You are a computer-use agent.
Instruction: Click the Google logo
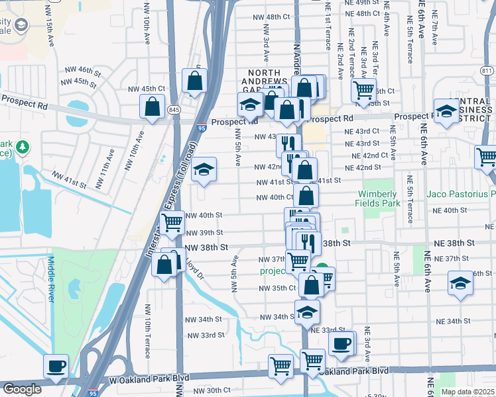click(21, 389)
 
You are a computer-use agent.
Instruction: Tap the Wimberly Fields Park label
click(379, 198)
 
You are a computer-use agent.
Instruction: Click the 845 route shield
click(174, 110)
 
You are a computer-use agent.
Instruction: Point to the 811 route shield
click(487, 71)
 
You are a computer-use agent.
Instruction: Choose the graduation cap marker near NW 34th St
click(307, 313)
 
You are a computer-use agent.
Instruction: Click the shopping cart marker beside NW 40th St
click(172, 222)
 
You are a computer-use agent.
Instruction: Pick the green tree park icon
click(23, 146)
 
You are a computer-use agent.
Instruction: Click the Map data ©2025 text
click(467, 392)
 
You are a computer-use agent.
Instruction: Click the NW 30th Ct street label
click(213, 390)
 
